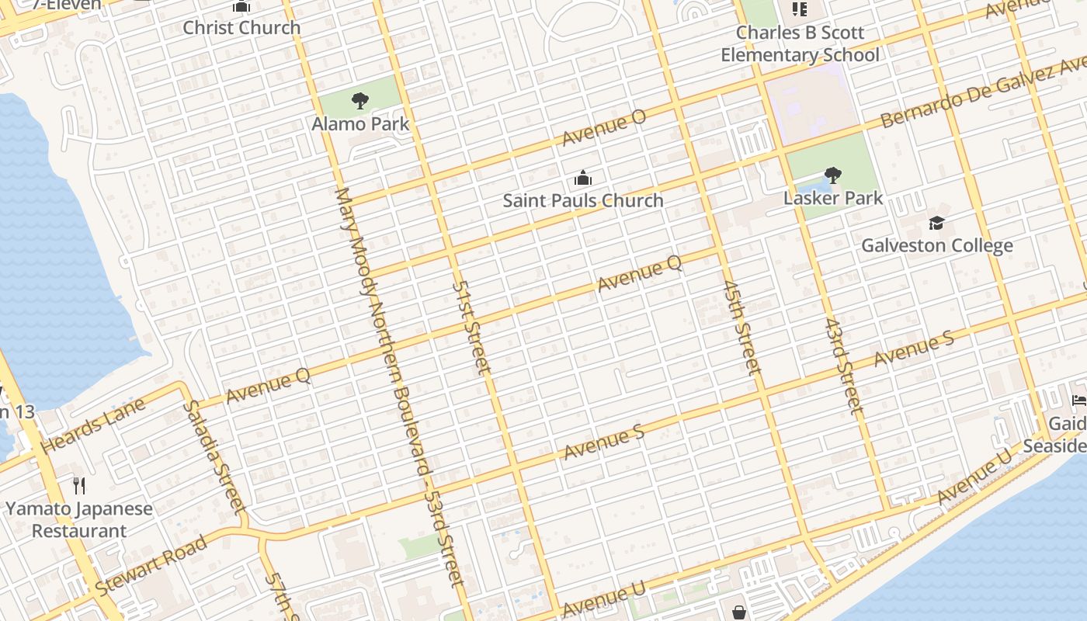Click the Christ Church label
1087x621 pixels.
pyautogui.click(x=241, y=28)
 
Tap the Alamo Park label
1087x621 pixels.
pyautogui.click(x=360, y=123)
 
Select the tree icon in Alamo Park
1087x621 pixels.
pyautogui.click(x=359, y=100)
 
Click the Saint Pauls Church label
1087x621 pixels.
pyautogui.click(x=583, y=200)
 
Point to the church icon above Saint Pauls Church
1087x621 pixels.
pyautogui.click(x=583, y=179)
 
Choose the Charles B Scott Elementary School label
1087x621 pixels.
pyautogui.click(x=800, y=44)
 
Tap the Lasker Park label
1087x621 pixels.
pyautogui.click(x=833, y=198)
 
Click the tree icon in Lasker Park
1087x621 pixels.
pyautogui.click(x=833, y=175)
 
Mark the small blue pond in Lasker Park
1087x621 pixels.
pyautogui.click(x=815, y=188)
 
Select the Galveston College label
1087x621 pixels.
pyautogui.click(x=937, y=246)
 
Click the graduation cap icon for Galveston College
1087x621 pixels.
pyautogui.click(x=937, y=224)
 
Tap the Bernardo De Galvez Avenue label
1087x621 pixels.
pyautogui.click(x=982, y=93)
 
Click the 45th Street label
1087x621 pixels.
pyautogui.click(x=741, y=328)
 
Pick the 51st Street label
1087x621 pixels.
pyautogui.click(x=471, y=327)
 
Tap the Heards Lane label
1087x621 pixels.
pyautogui.click(x=93, y=426)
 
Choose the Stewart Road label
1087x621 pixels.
pyautogui.click(x=151, y=566)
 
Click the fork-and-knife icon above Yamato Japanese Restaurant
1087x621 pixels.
pyautogui.click(x=79, y=486)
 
